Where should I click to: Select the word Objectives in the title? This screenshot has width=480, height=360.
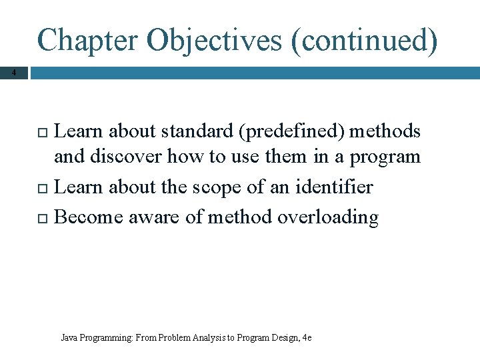point(213,40)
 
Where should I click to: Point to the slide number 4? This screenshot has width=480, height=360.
point(14,72)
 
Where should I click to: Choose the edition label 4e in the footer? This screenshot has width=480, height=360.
point(307,338)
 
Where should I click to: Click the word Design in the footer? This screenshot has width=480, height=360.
point(284,338)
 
